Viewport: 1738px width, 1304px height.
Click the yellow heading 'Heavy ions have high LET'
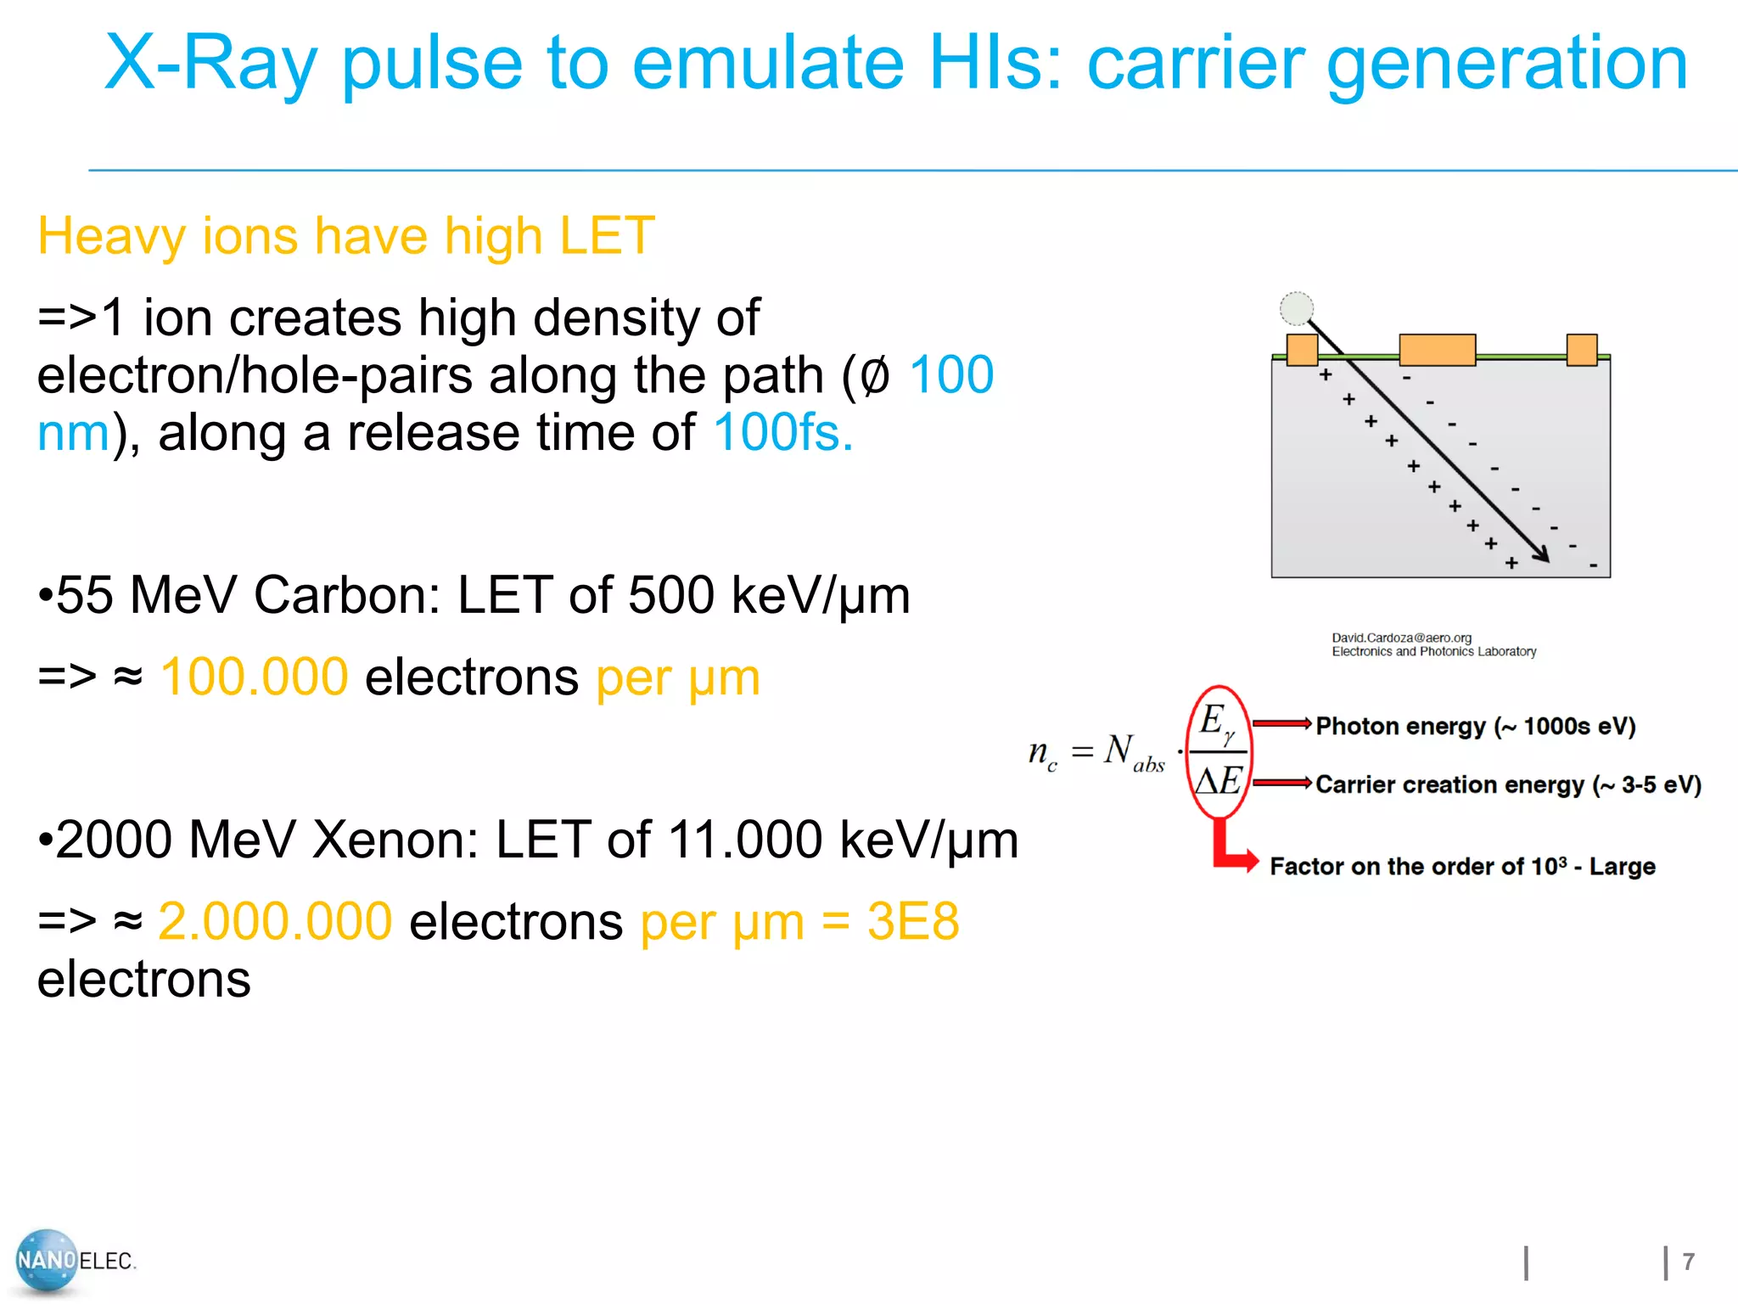coord(346,236)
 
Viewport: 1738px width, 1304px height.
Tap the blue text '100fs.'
coord(782,433)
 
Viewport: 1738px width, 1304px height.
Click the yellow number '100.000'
coord(254,677)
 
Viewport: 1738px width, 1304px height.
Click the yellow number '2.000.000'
coord(275,922)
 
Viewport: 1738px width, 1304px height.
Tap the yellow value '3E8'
coord(912,922)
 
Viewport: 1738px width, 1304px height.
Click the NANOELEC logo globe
coord(46,1261)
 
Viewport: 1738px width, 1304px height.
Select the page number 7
coord(1688,1262)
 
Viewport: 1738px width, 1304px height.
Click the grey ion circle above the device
coord(1296,308)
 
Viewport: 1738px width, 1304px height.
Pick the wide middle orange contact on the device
coord(1437,349)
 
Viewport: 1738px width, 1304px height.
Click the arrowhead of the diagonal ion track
coord(1542,554)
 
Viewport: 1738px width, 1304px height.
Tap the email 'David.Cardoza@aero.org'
coord(1401,638)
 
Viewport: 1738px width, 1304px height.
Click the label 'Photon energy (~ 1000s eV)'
coord(1475,727)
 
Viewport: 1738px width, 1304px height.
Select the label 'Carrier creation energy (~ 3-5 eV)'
coord(1508,784)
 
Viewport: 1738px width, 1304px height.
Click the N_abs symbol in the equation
coord(1133,752)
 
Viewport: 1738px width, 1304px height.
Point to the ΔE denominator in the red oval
coord(1219,780)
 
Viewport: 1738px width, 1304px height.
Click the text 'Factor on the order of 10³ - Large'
coord(1462,867)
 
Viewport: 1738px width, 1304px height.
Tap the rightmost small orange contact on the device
coord(1581,349)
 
